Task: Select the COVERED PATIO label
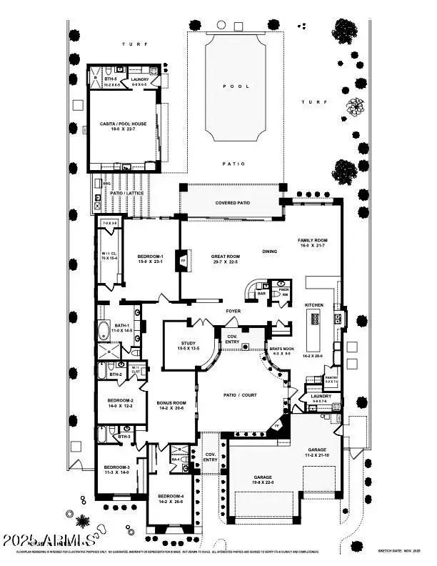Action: click(233, 203)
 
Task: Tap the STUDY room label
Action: click(189, 345)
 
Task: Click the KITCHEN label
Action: click(314, 305)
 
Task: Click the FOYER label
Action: click(233, 311)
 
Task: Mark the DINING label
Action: click(269, 252)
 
